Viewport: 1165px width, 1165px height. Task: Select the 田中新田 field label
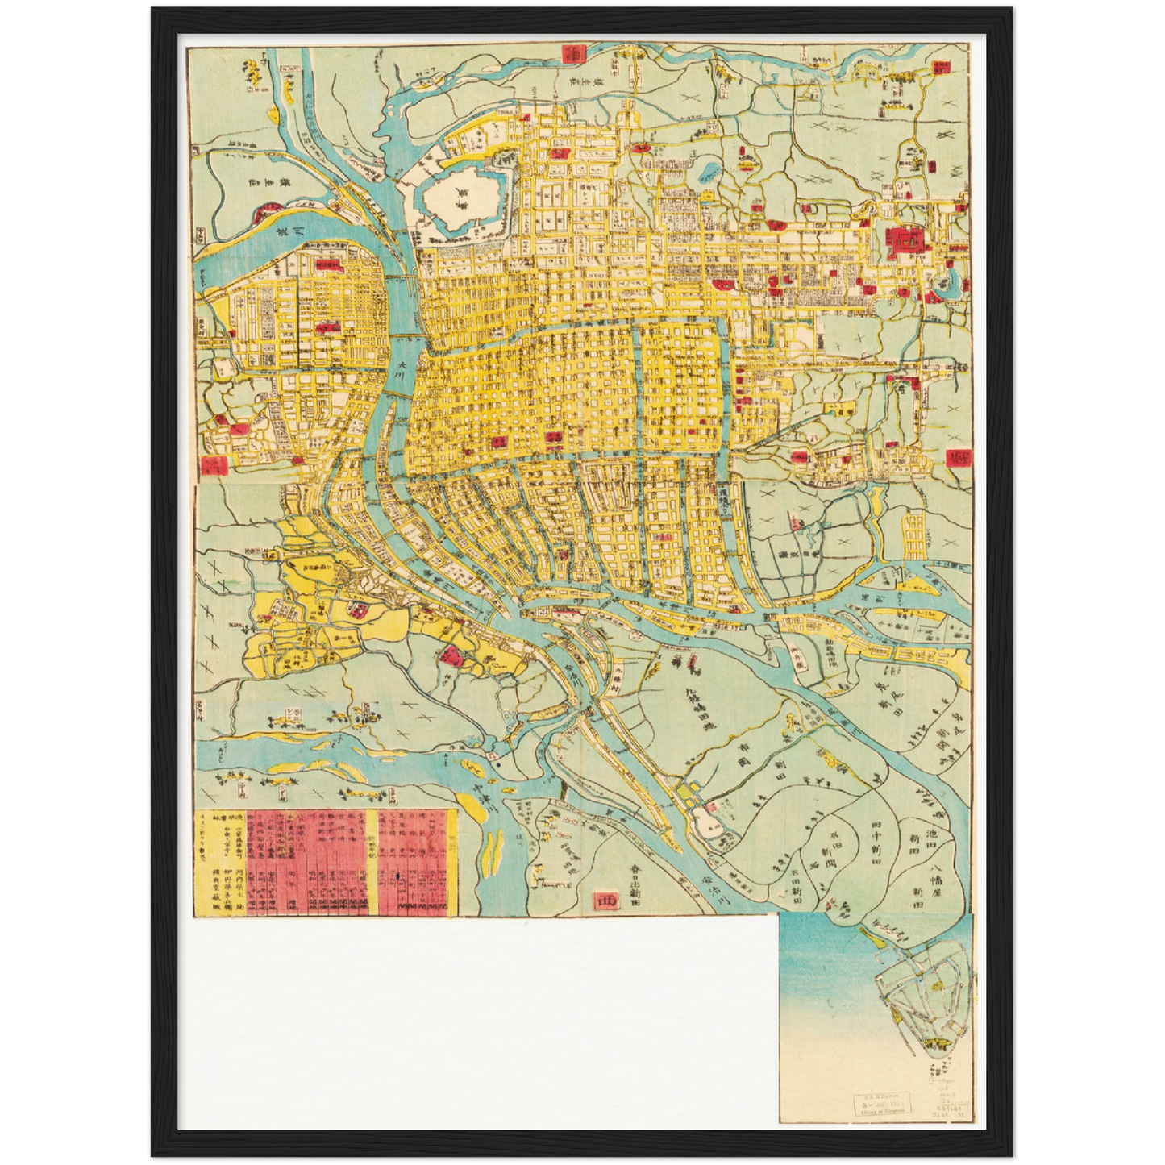point(876,843)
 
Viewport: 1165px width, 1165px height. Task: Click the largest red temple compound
point(902,239)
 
